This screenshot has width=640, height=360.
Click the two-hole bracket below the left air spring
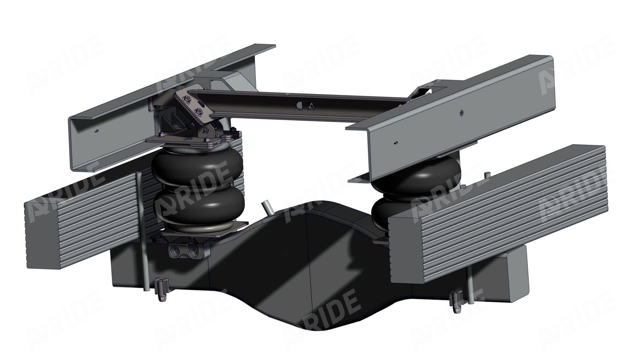[184, 252]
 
